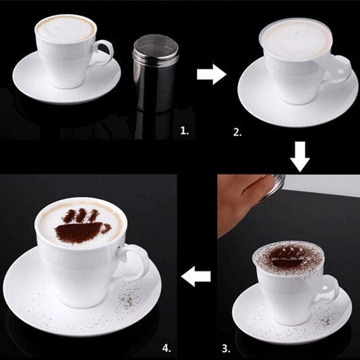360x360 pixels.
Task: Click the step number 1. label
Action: coord(184,131)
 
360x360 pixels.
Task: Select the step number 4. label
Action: coord(166,348)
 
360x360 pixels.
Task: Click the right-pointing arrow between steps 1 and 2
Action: coord(211,74)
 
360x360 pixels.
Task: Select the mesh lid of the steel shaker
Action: coord(156,45)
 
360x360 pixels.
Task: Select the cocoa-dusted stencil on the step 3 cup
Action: coord(288,258)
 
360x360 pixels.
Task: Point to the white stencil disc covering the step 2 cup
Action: coord(297,39)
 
